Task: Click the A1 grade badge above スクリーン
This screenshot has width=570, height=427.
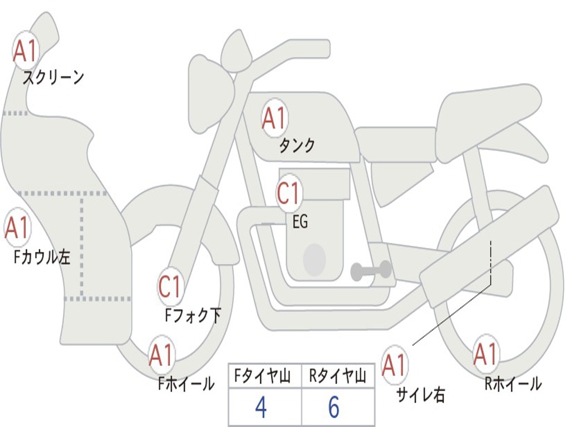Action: click(25, 51)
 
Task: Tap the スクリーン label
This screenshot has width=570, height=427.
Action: click(53, 77)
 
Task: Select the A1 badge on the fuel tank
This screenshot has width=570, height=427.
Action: click(274, 118)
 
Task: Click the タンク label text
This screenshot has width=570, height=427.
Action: click(297, 146)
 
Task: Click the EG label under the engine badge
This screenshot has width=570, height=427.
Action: click(299, 222)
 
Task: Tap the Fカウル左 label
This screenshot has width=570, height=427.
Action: click(42, 257)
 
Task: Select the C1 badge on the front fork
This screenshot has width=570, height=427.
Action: click(170, 287)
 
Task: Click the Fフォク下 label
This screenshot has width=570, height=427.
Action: click(193, 316)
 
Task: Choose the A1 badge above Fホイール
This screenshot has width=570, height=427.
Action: click(161, 355)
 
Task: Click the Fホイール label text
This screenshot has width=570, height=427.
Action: click(186, 384)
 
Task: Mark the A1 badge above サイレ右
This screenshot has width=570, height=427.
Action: click(395, 365)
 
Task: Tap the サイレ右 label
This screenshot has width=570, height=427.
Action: click(420, 395)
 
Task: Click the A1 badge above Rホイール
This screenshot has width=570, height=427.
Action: click(485, 354)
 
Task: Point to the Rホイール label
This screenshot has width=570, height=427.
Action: click(513, 384)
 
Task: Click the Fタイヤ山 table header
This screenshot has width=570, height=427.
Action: click(264, 378)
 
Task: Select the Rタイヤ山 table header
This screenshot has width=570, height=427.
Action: click(337, 378)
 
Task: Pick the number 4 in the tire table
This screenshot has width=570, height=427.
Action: click(261, 408)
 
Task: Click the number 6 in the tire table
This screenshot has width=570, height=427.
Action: click(333, 408)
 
